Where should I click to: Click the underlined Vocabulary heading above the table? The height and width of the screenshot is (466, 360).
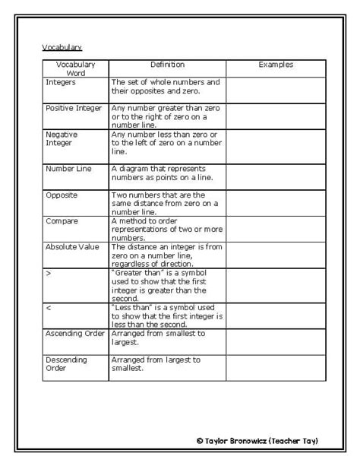pyautogui.click(x=62, y=47)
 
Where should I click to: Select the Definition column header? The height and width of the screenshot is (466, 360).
pyautogui.click(x=167, y=65)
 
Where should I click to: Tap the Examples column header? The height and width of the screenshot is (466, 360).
pyautogui.click(x=276, y=65)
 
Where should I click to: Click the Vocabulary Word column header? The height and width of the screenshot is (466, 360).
pyautogui.click(x=75, y=69)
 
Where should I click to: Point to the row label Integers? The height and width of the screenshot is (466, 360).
pyautogui.click(x=61, y=82)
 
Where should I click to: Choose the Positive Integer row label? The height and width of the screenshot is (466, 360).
pyautogui.click(x=74, y=109)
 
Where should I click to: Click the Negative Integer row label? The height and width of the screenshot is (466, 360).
pyautogui.click(x=62, y=138)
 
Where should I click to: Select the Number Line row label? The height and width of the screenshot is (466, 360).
pyautogui.click(x=68, y=169)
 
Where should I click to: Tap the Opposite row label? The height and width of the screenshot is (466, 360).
pyautogui.click(x=62, y=195)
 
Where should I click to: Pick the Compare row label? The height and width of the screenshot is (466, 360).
pyautogui.click(x=62, y=221)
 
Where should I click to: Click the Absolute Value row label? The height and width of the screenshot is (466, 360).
pyautogui.click(x=72, y=247)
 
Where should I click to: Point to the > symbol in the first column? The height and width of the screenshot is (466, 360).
pyautogui.click(x=49, y=273)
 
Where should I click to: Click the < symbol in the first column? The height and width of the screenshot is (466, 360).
pyautogui.click(x=49, y=308)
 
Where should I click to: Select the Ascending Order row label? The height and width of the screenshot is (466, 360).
pyautogui.click(x=75, y=334)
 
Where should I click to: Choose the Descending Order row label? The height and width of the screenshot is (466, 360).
pyautogui.click(x=67, y=364)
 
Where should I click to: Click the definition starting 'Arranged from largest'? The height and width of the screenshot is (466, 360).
pyautogui.click(x=156, y=364)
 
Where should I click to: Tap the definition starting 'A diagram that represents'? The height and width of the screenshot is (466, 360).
pyautogui.click(x=163, y=173)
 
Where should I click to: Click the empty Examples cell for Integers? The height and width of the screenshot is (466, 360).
pyautogui.click(x=276, y=90)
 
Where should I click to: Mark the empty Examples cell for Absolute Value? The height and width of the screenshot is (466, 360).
pyautogui.click(x=276, y=255)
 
